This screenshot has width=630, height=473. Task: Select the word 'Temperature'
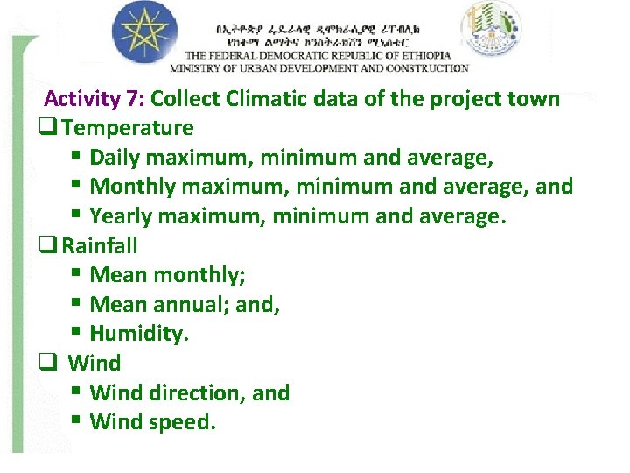[x=128, y=128]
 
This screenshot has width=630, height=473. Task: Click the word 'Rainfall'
[x=100, y=245]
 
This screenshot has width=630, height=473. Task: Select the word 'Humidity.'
[x=139, y=334]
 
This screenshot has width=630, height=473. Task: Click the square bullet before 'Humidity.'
[x=76, y=334]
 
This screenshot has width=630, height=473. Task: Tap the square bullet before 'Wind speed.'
[x=76, y=422]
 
